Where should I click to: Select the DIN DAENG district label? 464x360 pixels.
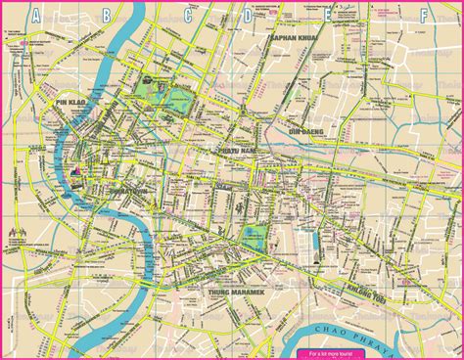(x=305, y=129)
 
